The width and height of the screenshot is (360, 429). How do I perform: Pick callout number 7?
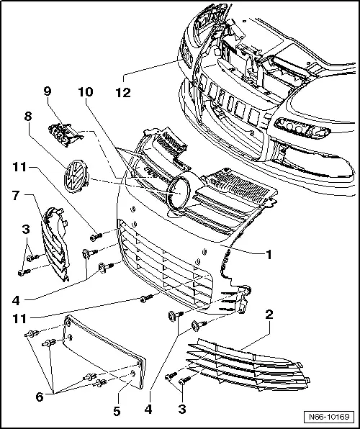click(14, 194)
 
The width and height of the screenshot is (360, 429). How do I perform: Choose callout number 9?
click(48, 91)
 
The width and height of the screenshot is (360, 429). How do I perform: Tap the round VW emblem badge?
click(74, 174)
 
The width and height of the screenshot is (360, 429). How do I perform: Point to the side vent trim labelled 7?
click(55, 241)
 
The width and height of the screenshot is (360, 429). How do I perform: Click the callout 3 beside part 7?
click(25, 230)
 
